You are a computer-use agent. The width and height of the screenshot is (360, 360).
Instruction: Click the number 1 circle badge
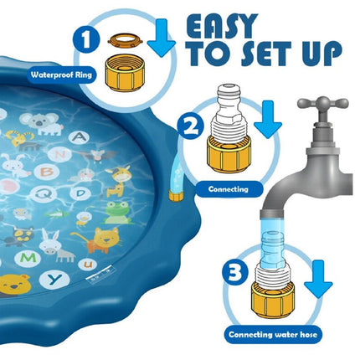click(85, 39)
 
